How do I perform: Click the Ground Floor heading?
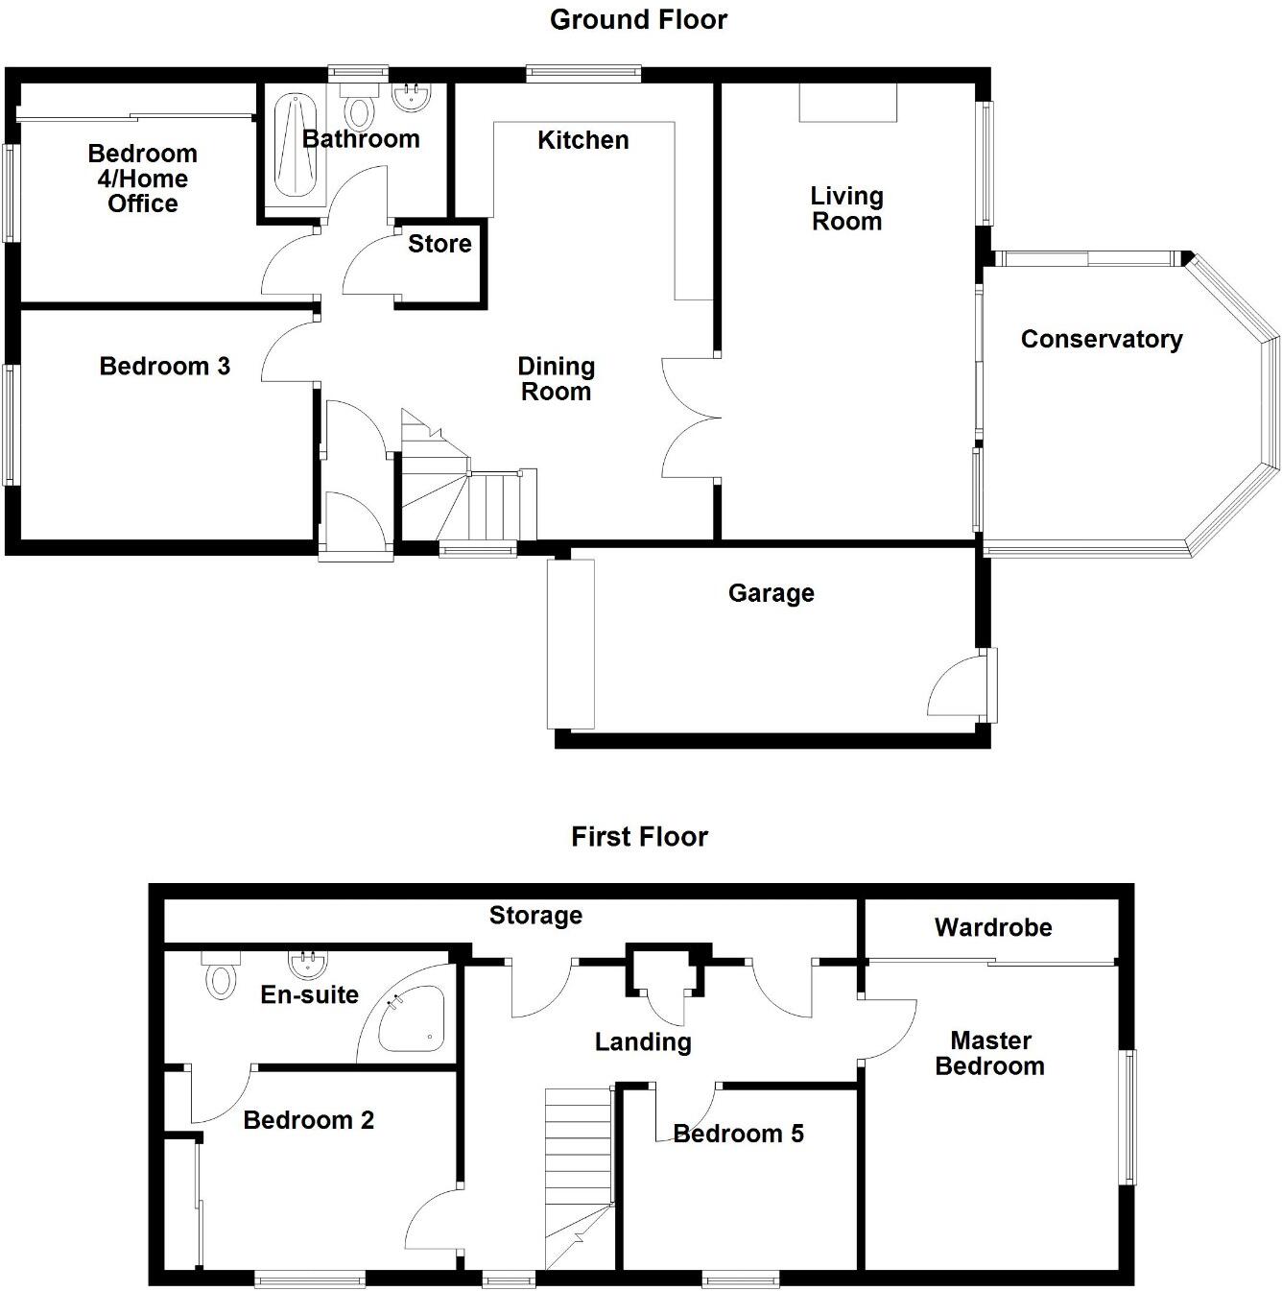tap(638, 20)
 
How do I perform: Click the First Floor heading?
tap(639, 837)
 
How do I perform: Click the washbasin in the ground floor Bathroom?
tap(414, 96)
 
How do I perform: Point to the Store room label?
tap(439, 244)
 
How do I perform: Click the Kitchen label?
tap(582, 140)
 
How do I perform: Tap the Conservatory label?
tap(1101, 339)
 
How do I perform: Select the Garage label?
tap(771, 593)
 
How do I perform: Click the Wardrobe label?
tap(993, 927)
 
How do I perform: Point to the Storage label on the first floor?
tap(535, 916)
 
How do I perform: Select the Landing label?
tap(643, 1041)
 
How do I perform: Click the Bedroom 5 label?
tap(739, 1134)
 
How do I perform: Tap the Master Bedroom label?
tap(990, 1053)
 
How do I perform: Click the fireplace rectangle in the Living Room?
tap(848, 103)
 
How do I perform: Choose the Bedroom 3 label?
tap(165, 366)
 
